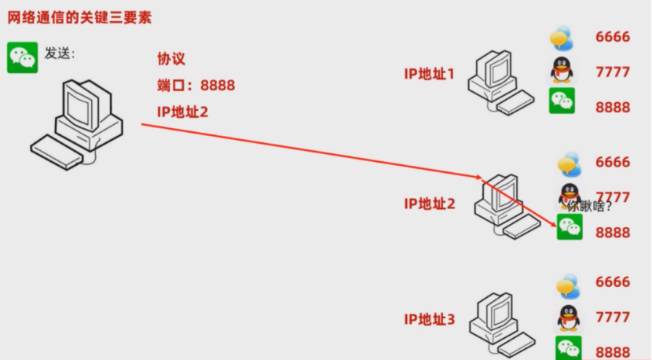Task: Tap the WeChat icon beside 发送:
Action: (x=22, y=57)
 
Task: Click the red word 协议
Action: (x=171, y=60)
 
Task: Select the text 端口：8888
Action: (x=196, y=85)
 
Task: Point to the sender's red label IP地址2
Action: (x=182, y=112)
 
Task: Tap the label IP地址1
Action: (x=429, y=74)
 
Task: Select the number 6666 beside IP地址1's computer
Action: (x=613, y=36)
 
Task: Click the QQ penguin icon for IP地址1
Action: (x=561, y=70)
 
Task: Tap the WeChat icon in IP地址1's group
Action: (x=562, y=101)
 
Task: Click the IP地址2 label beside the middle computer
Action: (x=429, y=204)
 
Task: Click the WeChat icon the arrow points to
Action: (x=570, y=227)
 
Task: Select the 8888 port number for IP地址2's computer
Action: (x=613, y=232)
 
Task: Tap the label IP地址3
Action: (x=429, y=319)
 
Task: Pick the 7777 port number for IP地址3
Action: (x=613, y=317)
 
